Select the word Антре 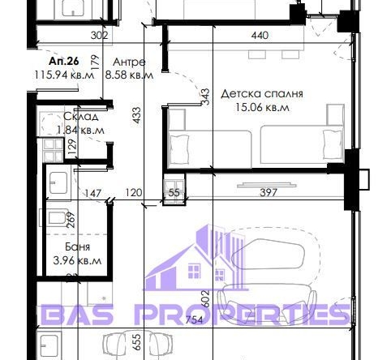(x=130, y=61)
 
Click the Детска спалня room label (x=255, y=93)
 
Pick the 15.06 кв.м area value (x=255, y=106)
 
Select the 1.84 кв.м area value (x=80, y=129)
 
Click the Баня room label (x=78, y=246)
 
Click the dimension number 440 (x=260, y=35)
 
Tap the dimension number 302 (x=98, y=35)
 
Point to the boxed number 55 (x=174, y=194)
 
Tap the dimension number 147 (x=95, y=194)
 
